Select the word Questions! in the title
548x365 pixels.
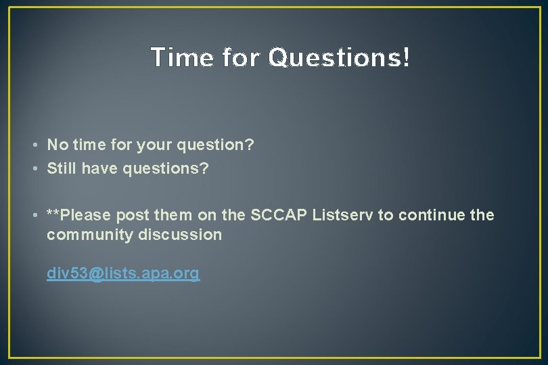coord(339,58)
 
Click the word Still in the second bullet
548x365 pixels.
coord(62,168)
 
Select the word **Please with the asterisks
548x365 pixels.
coord(78,215)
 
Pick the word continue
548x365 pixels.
coord(429,215)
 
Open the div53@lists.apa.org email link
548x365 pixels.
coord(123,274)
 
